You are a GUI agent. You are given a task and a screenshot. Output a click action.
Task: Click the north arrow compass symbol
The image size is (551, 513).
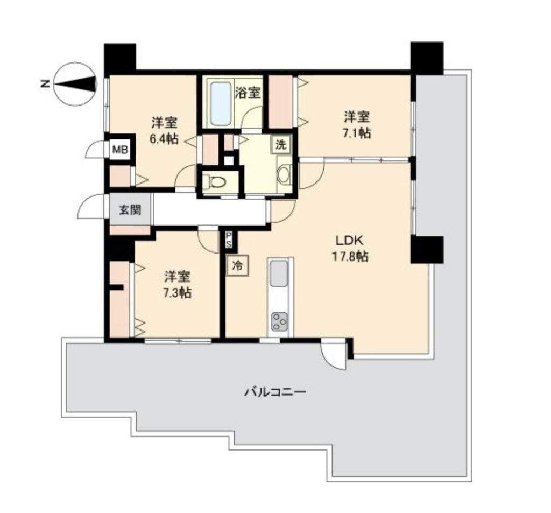click(75, 84)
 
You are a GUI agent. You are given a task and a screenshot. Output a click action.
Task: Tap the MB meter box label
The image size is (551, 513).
click(119, 150)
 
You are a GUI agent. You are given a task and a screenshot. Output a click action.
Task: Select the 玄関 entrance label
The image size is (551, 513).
click(130, 210)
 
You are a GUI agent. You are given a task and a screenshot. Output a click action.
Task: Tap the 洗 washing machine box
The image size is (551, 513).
click(280, 144)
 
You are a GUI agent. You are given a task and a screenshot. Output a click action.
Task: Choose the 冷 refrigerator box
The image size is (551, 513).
click(238, 266)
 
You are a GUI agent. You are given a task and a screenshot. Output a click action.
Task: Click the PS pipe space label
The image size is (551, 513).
click(229, 240)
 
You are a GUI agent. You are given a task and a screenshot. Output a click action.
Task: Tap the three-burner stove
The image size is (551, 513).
click(280, 321)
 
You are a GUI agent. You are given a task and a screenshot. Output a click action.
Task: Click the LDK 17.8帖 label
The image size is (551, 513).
click(350, 249)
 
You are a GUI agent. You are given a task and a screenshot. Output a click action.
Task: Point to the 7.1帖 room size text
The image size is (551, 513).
click(356, 133)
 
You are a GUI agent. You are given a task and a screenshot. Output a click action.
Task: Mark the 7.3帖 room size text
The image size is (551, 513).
click(178, 292)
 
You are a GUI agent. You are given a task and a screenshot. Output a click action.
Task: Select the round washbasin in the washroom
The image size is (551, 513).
click(284, 174)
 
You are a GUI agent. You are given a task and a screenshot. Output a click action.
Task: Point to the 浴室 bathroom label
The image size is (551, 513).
click(248, 93)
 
